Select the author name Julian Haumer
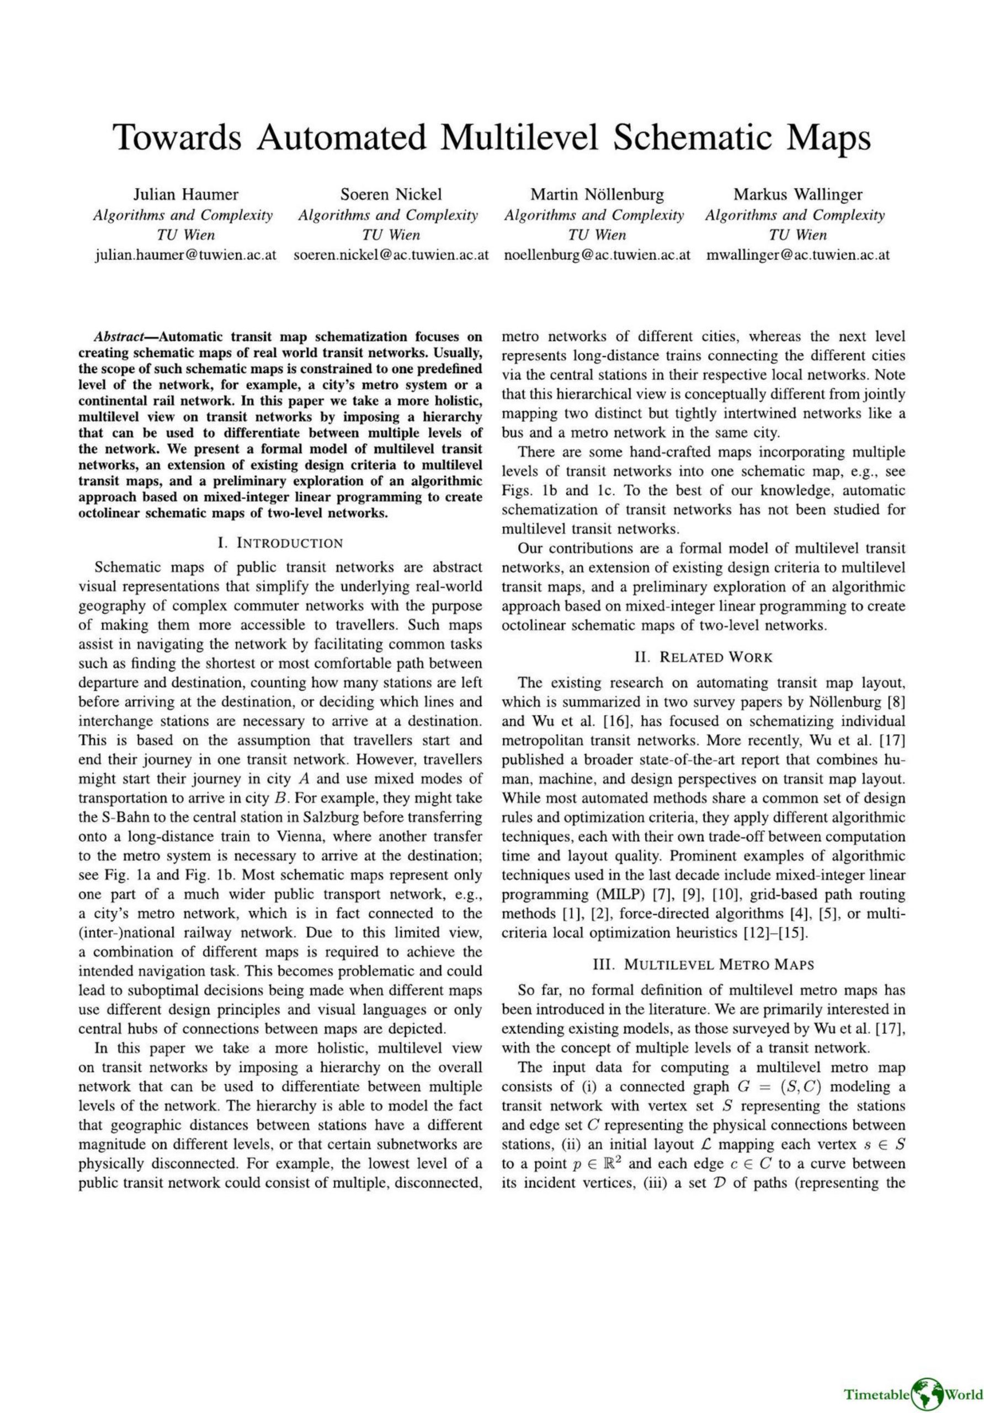coord(186,195)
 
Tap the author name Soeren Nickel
coord(391,195)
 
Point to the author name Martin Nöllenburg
coord(597,195)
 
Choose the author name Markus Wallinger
coord(797,195)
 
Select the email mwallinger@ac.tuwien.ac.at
coord(798,255)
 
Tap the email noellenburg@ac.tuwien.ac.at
coord(597,255)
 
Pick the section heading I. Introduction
coord(280,543)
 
